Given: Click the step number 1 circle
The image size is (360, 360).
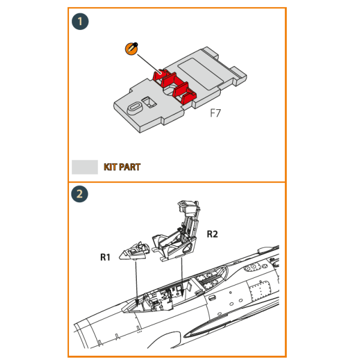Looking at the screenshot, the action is (x=80, y=22).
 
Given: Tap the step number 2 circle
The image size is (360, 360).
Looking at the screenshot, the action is (x=80, y=194).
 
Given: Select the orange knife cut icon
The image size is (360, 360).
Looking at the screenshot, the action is (x=131, y=49).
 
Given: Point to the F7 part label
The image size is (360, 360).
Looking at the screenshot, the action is (x=215, y=113).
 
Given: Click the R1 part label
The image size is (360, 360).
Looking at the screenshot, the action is (x=106, y=257).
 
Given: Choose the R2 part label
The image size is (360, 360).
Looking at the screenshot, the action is (x=212, y=234).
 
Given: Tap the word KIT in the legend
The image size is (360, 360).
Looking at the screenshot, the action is (x=110, y=167).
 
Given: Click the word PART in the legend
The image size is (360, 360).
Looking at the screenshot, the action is (x=130, y=167).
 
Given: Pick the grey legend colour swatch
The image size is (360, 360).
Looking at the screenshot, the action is (x=85, y=167).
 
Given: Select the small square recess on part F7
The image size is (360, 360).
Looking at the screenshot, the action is (x=149, y=102).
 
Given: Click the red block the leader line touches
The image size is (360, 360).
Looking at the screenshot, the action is (x=161, y=75).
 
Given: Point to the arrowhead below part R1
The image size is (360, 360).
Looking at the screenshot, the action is (x=137, y=302).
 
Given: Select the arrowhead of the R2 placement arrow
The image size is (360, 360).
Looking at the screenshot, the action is (x=182, y=293).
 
